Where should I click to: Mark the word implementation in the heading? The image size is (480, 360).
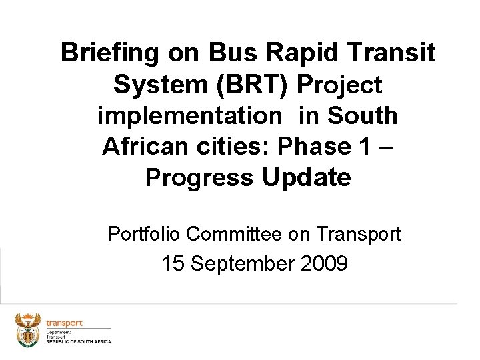click(x=189, y=115)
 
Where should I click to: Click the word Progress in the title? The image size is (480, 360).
click(x=199, y=178)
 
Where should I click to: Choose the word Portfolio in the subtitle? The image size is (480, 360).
click(x=144, y=234)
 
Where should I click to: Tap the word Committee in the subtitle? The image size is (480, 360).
click(x=235, y=234)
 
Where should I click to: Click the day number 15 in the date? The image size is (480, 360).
click(x=173, y=264)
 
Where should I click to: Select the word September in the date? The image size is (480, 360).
click(x=244, y=265)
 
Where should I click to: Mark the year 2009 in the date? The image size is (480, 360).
click(x=324, y=264)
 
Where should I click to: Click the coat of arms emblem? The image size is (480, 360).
click(x=27, y=330)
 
